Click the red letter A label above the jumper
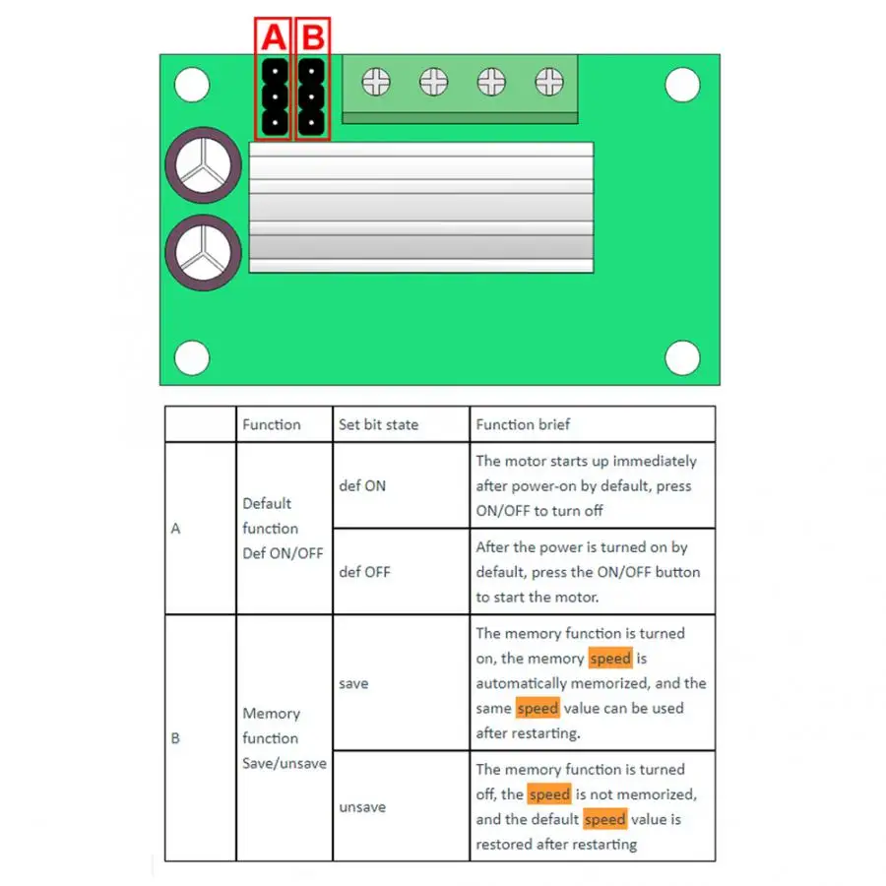tap(273, 38)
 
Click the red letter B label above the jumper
tap(312, 38)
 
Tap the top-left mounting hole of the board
tap(192, 86)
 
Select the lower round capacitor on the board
tap(203, 253)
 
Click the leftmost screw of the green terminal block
tap(376, 82)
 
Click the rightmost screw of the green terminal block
tap(549, 82)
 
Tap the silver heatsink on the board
tap(421, 207)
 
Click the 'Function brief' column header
tap(523, 424)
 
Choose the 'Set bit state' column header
tap(378, 424)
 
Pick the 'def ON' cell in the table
tap(362, 485)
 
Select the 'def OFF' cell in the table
tap(364, 572)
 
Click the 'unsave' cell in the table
tap(362, 807)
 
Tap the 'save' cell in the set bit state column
tap(353, 683)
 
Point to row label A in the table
tap(176, 529)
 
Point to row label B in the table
tap(176, 737)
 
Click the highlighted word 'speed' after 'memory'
tap(610, 659)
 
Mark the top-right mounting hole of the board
tap(681, 86)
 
